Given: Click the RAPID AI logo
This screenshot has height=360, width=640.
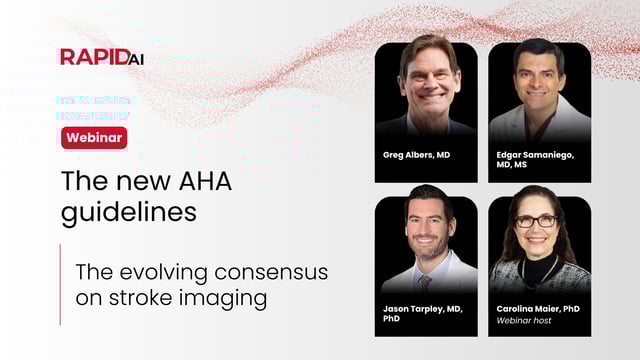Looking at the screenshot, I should (x=102, y=56).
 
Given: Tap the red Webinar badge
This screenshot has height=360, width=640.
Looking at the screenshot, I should (x=94, y=138).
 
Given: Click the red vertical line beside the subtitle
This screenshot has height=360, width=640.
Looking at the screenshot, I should (x=60, y=284).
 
